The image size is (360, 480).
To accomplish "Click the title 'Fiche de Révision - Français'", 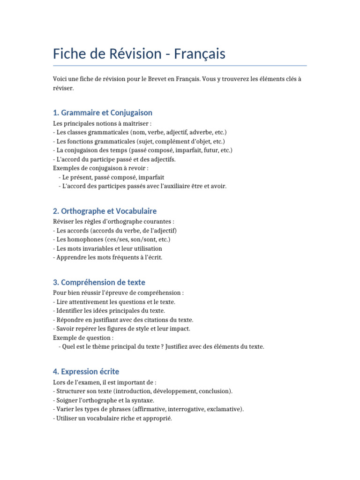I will click(x=139, y=54).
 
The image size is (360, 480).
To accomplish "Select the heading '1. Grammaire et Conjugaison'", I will click(x=103, y=113).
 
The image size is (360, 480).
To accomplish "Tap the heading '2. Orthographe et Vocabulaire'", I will click(x=105, y=211).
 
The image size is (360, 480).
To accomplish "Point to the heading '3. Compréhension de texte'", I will click(x=99, y=282).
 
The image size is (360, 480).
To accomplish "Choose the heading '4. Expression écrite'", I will click(x=86, y=372).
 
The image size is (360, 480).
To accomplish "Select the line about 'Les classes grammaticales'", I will click(x=140, y=133).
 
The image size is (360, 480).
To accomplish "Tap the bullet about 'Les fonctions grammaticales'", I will click(x=139, y=142).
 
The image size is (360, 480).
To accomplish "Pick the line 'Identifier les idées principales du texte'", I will click(x=109, y=311).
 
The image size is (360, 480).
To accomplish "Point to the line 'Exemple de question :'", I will click(x=83, y=338).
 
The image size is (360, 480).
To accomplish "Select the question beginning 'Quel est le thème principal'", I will click(x=162, y=347).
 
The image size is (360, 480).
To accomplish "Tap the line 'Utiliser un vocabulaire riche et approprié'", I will click(x=112, y=419).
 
